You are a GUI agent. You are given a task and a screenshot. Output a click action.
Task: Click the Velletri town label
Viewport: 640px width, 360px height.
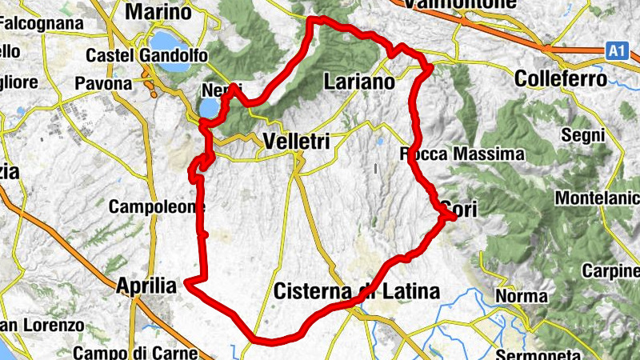pos(294,141)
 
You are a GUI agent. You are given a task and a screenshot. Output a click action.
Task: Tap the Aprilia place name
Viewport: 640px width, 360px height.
pos(146,286)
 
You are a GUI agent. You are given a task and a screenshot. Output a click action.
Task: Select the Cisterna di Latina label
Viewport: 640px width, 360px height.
pos(356,292)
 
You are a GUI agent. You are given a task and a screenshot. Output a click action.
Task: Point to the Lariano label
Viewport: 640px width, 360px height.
pos(359,82)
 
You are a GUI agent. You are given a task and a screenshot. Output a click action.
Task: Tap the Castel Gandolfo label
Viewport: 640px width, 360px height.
pos(146,56)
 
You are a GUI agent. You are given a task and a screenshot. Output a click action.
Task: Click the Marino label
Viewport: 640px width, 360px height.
pos(158,13)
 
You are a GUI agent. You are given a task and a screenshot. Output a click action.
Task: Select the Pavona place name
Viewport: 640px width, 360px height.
pos(103,83)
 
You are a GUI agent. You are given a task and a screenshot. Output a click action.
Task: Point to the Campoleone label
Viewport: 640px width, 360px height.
pos(152,207)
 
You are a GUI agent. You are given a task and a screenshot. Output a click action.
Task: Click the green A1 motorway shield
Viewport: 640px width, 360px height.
pos(614,50)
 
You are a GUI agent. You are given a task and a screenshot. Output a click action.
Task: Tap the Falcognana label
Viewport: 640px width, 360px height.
pos(42,24)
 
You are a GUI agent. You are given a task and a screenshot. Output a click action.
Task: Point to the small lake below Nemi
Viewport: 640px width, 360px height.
pos(207,107)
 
